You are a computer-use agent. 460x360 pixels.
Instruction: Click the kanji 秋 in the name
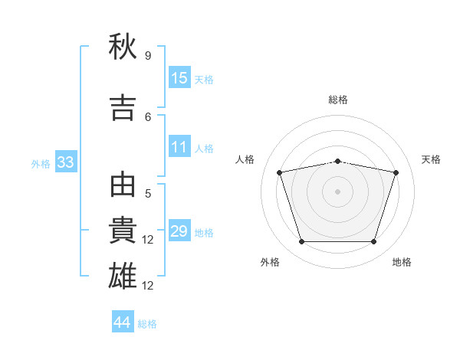coord(123,46)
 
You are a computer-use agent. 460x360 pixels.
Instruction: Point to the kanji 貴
coord(123,230)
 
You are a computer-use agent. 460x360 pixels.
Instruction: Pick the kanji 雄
coord(123,276)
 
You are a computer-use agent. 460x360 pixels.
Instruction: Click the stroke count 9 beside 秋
coord(148,55)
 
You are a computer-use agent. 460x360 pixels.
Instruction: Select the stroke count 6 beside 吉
coord(148,117)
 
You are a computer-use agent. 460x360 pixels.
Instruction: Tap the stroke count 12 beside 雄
coord(147,286)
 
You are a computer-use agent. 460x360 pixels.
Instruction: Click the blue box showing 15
coord(180,77)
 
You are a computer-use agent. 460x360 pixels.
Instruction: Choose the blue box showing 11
coord(180,146)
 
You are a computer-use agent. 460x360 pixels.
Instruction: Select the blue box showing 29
coord(180,230)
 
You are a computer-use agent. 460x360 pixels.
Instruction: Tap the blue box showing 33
coord(66,162)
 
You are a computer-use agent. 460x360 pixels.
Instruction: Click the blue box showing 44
coord(123,321)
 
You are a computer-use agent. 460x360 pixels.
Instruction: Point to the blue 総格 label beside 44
coord(147,324)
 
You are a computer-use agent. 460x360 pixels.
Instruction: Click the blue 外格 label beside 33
coord(41,164)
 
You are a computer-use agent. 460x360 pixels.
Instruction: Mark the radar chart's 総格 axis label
coord(338,100)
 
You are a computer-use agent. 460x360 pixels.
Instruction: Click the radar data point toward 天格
coord(396,172)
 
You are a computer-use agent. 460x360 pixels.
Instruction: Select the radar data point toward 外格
coord(301,241)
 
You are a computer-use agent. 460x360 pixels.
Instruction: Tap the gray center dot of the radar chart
coord(337,191)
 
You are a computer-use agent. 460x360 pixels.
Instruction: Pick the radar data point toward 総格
coord(338,162)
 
